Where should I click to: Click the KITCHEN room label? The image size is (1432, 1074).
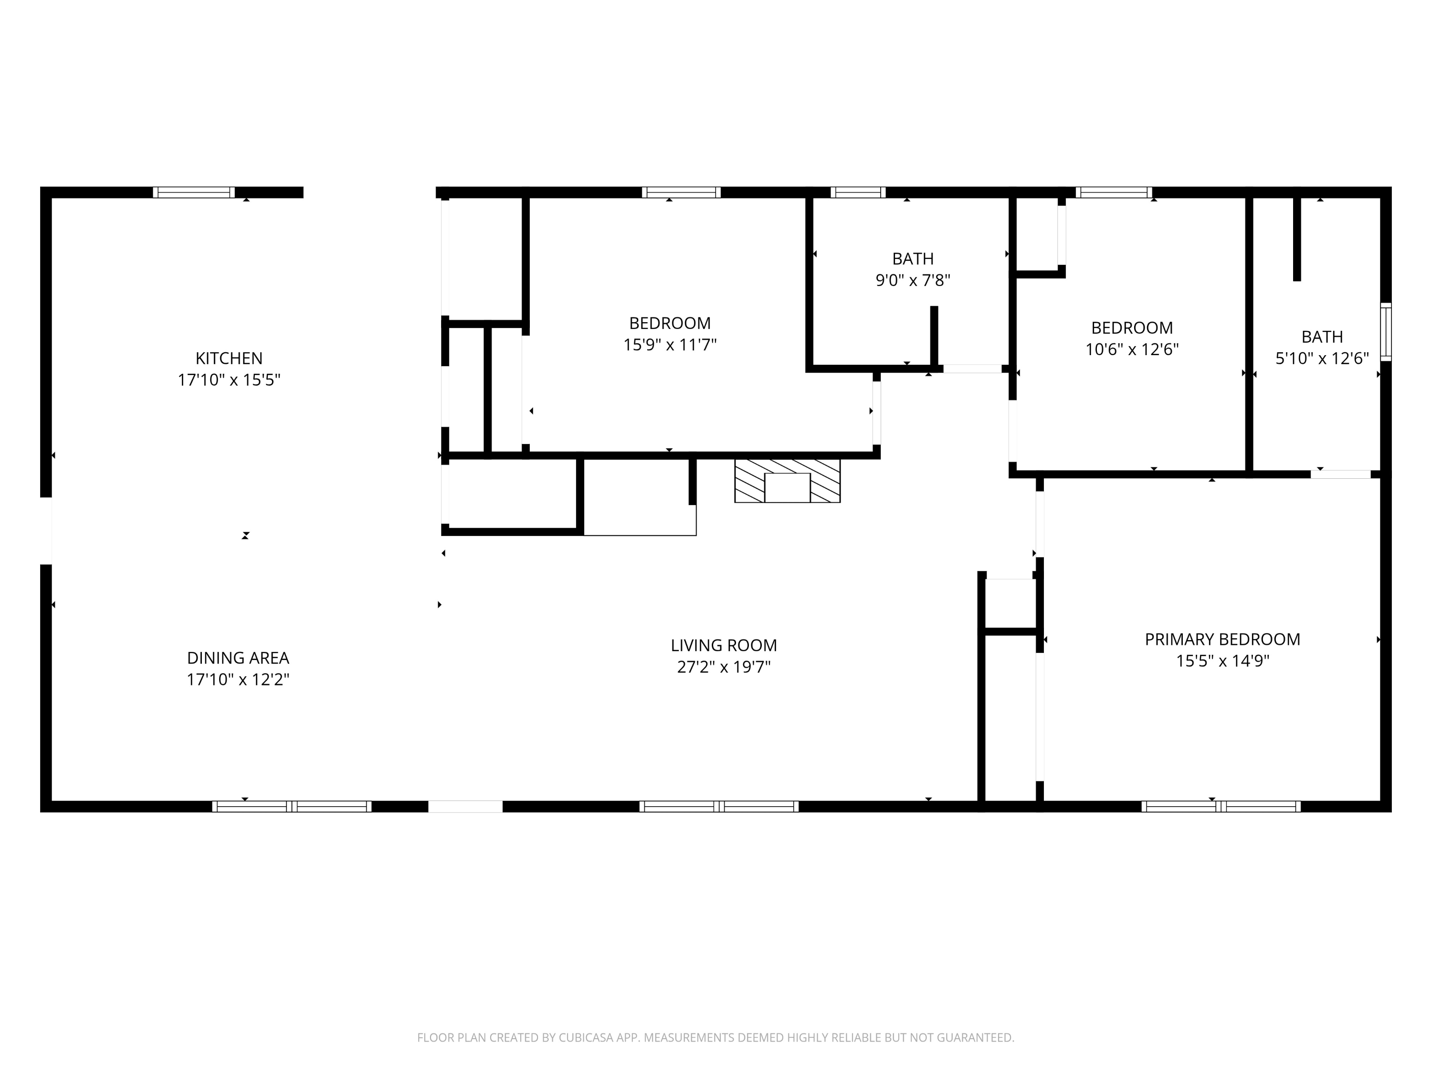tap(229, 358)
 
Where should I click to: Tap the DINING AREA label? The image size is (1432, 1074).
tap(238, 658)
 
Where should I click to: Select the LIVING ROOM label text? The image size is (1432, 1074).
tap(724, 645)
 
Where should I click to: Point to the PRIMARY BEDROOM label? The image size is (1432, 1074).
tap(1222, 639)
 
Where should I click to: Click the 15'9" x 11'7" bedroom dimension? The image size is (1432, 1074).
tap(670, 345)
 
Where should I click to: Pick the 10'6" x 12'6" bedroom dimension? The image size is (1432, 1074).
tap(1132, 349)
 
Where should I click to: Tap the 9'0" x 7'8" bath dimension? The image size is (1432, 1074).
tap(913, 280)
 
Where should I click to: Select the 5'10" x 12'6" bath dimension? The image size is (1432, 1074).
tap(1322, 358)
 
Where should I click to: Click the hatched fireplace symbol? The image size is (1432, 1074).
tap(787, 481)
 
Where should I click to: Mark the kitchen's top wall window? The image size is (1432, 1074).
tap(194, 192)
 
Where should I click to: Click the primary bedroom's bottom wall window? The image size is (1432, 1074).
tap(1221, 806)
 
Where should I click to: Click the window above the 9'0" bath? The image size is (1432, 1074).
tap(858, 192)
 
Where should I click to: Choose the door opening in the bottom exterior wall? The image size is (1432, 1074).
tap(465, 806)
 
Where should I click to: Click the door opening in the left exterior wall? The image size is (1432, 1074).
tap(46, 531)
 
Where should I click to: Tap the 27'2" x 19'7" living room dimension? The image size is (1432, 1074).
tap(724, 667)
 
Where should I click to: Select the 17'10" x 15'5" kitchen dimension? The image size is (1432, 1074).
tap(229, 379)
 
